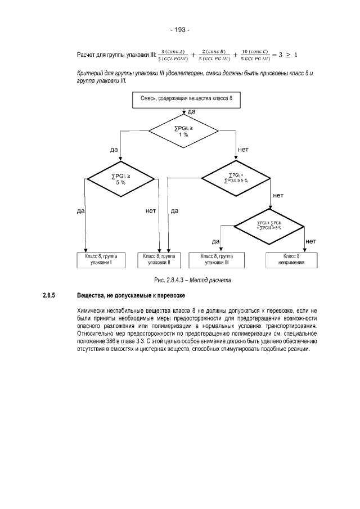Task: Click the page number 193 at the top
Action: [x=180, y=30]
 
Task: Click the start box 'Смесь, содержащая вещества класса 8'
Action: [x=182, y=100]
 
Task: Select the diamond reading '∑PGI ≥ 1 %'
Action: [x=183, y=130]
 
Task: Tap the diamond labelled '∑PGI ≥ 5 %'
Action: [x=120, y=178]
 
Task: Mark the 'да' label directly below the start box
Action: [x=190, y=112]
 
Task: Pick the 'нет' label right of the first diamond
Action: [x=243, y=150]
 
